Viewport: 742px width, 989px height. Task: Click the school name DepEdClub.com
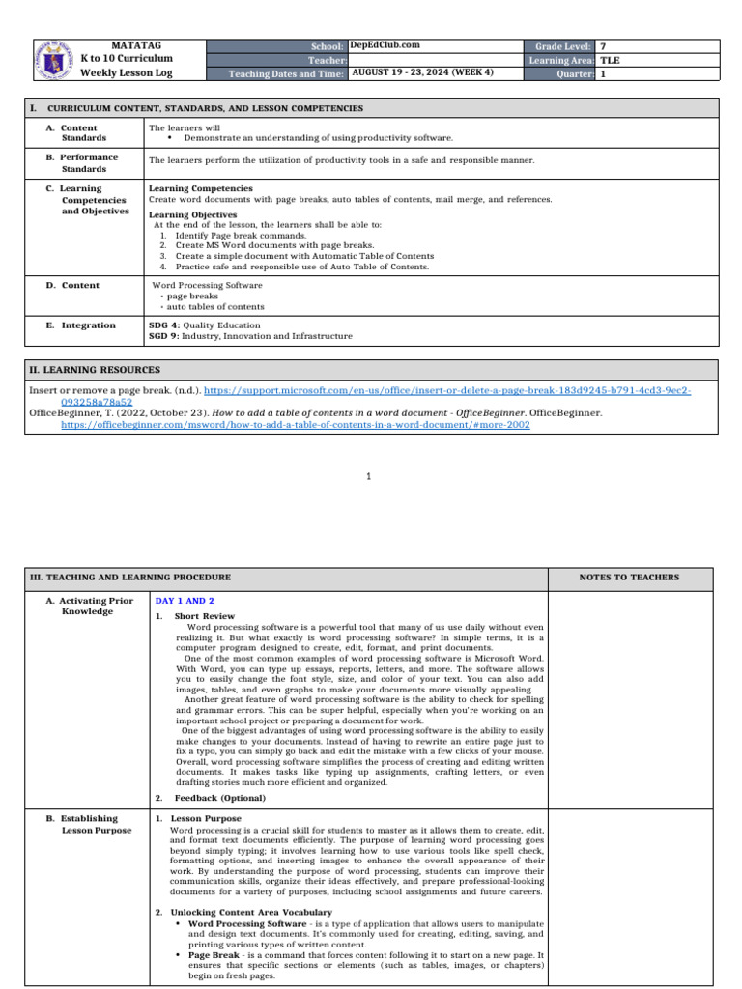click(x=385, y=45)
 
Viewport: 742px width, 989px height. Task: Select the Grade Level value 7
click(x=604, y=46)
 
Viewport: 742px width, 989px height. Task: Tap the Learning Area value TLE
click(x=611, y=59)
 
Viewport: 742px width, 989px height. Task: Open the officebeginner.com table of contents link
click(x=295, y=424)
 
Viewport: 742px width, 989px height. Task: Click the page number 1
click(x=370, y=476)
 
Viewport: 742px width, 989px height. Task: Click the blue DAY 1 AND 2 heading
click(x=185, y=601)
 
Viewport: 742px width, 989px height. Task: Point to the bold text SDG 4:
click(x=164, y=325)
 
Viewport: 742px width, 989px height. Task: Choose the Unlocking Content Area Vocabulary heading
click(x=251, y=912)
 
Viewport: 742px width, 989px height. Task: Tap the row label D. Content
click(x=74, y=286)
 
